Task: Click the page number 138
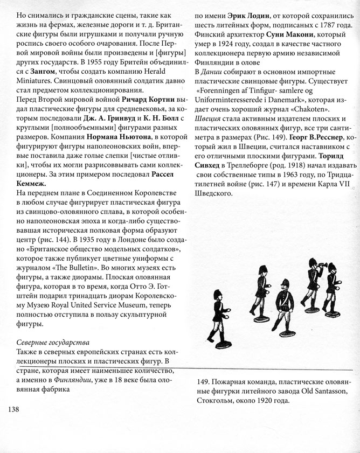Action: pos(15,409)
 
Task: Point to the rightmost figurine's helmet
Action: pos(331,267)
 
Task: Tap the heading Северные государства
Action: pos(52,343)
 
